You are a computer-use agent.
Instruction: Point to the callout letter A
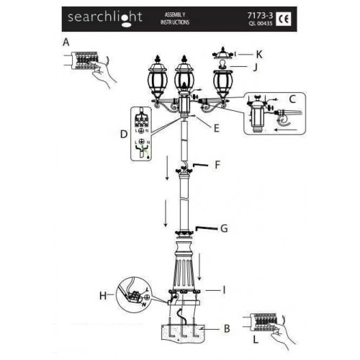point(66,42)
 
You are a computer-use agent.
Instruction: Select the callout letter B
point(226,329)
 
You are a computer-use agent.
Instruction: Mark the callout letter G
point(224,229)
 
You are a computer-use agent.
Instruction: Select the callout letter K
point(259,54)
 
